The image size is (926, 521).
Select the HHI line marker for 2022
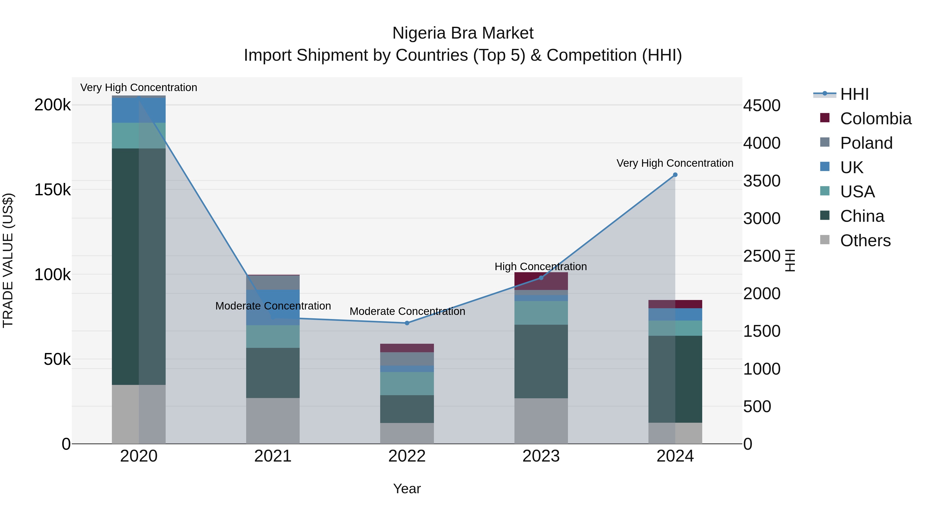click(407, 323)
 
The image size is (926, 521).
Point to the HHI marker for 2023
click(541, 278)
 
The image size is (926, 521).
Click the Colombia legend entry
click(875, 119)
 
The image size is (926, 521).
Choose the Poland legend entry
click(866, 143)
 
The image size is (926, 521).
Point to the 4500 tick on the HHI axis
click(762, 106)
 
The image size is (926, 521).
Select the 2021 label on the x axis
click(273, 456)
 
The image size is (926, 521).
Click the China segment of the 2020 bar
click(139, 266)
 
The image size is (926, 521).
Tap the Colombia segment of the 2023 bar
click(541, 281)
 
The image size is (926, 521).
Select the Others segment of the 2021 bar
click(273, 420)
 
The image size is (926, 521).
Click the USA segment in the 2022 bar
click(407, 383)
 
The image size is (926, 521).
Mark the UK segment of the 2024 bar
click(675, 314)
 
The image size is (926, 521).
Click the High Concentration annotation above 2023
click(541, 267)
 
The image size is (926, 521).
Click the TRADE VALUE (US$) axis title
click(8, 260)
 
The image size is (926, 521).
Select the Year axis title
click(407, 489)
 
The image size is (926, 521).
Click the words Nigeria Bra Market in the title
click(463, 33)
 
